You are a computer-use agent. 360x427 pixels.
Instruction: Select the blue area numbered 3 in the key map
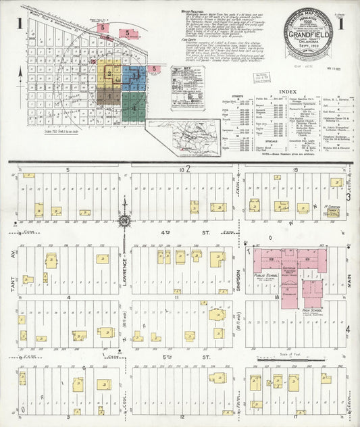pos(134,75)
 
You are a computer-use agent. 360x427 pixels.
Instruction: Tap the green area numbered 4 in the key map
pos(134,107)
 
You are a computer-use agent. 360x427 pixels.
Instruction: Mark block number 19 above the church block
pos(296,170)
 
